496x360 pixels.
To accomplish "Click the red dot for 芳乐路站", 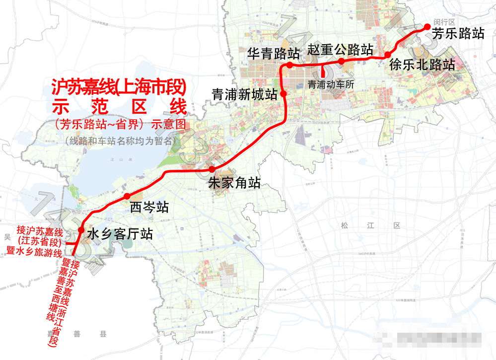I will pos(426,27).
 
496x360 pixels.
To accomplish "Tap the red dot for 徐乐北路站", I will pos(387,55).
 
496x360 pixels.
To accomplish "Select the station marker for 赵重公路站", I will pos(342,61).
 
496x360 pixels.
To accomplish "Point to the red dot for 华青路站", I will pos(289,65).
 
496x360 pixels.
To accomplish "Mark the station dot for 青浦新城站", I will pos(283,93).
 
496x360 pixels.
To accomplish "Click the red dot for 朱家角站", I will pos(212,169).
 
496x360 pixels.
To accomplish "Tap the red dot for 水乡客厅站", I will pos(81,230).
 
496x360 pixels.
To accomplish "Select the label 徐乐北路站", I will pos(422,65).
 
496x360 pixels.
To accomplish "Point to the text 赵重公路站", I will pos(340,50).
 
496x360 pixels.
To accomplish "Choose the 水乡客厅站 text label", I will pos(120,234).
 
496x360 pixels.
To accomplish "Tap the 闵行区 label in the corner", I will pos(444,22).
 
